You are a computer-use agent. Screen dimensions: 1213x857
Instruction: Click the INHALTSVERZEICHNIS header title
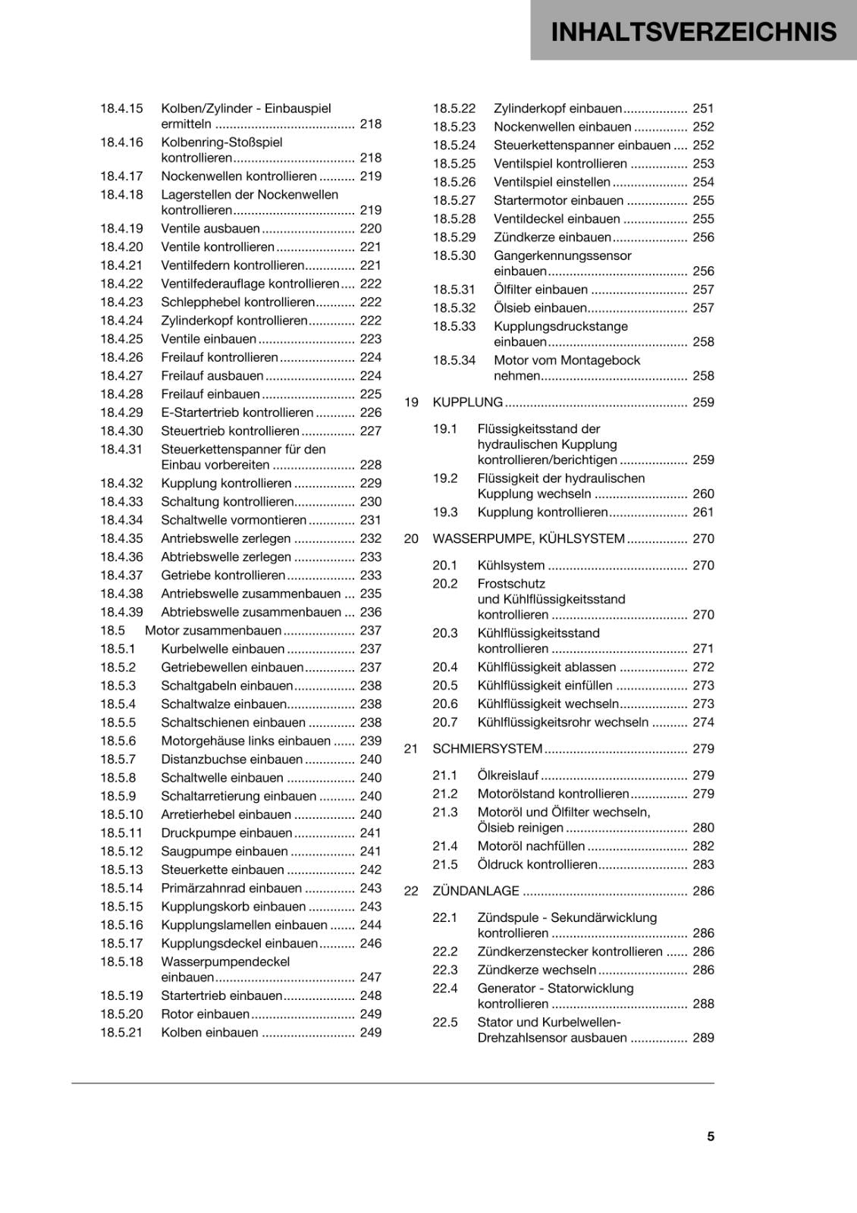pos(693,32)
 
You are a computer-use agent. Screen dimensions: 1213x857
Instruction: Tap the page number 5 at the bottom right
pos(710,1136)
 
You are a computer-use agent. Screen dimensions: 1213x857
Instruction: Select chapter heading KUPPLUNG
pos(467,403)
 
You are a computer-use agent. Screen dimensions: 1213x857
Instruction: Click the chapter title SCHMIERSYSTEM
pos(487,749)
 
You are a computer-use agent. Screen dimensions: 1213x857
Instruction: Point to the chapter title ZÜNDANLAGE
pos(476,892)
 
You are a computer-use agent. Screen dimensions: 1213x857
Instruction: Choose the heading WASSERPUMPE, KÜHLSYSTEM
pos(528,539)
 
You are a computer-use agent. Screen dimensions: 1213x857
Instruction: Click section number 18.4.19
pos(121,229)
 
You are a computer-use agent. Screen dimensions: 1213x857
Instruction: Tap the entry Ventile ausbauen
pos(210,229)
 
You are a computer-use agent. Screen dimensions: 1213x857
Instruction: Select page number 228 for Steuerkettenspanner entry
pos(370,465)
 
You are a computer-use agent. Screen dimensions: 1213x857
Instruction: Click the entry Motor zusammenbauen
pos(212,631)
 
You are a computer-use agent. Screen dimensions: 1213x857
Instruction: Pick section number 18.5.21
pos(121,1033)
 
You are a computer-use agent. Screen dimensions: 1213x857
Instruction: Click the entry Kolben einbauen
pos(209,1033)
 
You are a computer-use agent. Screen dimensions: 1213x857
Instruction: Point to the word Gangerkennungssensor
pos(562,256)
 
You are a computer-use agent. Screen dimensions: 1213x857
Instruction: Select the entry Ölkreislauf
pos(507,776)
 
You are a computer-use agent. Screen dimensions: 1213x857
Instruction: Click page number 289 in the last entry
pos(702,1038)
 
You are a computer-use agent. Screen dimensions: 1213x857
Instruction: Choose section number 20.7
pos(445,722)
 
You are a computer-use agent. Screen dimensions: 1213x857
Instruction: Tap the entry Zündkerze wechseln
pos(536,970)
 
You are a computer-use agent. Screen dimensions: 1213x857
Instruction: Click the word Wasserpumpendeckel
pos(225,962)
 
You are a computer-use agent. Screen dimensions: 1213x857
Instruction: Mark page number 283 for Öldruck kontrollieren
pos(702,865)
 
